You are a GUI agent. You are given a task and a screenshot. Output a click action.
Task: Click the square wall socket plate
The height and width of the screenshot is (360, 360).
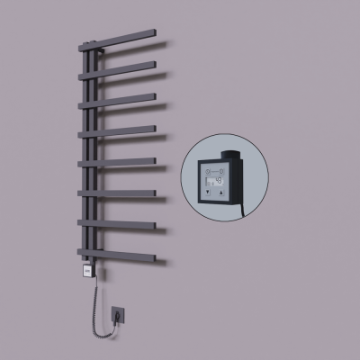(x=118, y=316)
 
